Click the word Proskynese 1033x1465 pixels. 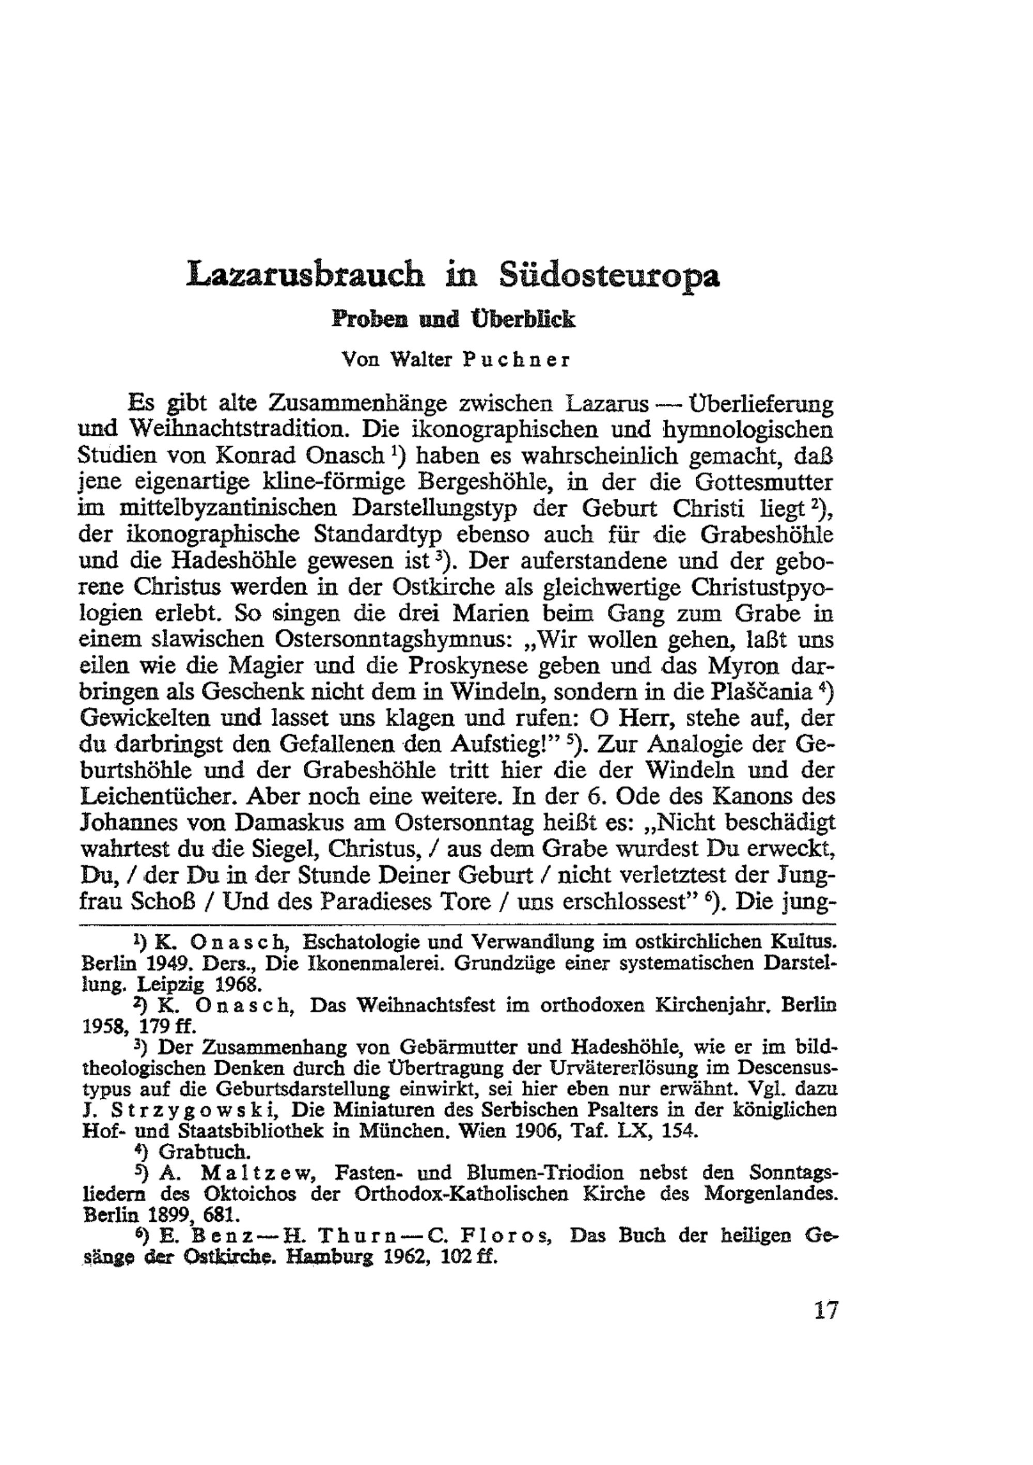pos(467,665)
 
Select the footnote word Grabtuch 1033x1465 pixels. pos(204,1153)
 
